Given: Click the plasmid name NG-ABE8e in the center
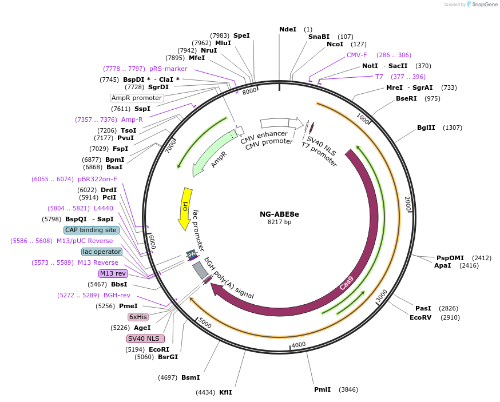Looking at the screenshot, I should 279,214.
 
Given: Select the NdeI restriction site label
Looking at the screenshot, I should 288,29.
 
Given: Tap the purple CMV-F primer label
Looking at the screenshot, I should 357,55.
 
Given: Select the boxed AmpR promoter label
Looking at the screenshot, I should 137,98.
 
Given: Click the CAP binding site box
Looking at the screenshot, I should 92,230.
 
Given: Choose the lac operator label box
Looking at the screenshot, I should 102,252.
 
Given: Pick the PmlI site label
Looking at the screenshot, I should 323,389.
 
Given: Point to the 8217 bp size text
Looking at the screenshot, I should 279,222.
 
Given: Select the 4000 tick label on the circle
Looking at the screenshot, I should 299,345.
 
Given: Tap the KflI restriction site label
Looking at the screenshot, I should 225,392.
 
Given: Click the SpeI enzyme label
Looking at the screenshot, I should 241,35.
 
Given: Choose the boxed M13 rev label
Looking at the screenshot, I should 113,273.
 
